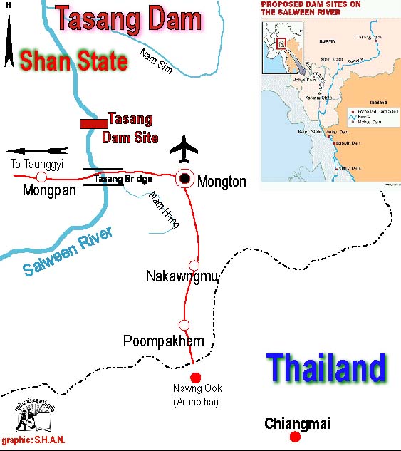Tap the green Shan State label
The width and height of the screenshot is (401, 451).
coord(73,61)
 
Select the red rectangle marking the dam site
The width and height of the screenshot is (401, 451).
coord(93,124)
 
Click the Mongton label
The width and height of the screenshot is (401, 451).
coord(222,182)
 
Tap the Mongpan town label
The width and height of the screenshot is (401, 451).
coord(50,190)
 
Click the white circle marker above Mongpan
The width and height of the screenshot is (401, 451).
coord(41,177)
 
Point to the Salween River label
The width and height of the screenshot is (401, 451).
coord(68,253)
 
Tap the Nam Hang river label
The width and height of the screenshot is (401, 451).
coord(162,210)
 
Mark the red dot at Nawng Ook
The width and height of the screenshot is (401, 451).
coord(196,378)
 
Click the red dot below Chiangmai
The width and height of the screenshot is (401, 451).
coord(296,436)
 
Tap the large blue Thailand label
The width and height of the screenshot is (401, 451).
coord(326,369)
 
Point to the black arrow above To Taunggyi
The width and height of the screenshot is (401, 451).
coord(37,151)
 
